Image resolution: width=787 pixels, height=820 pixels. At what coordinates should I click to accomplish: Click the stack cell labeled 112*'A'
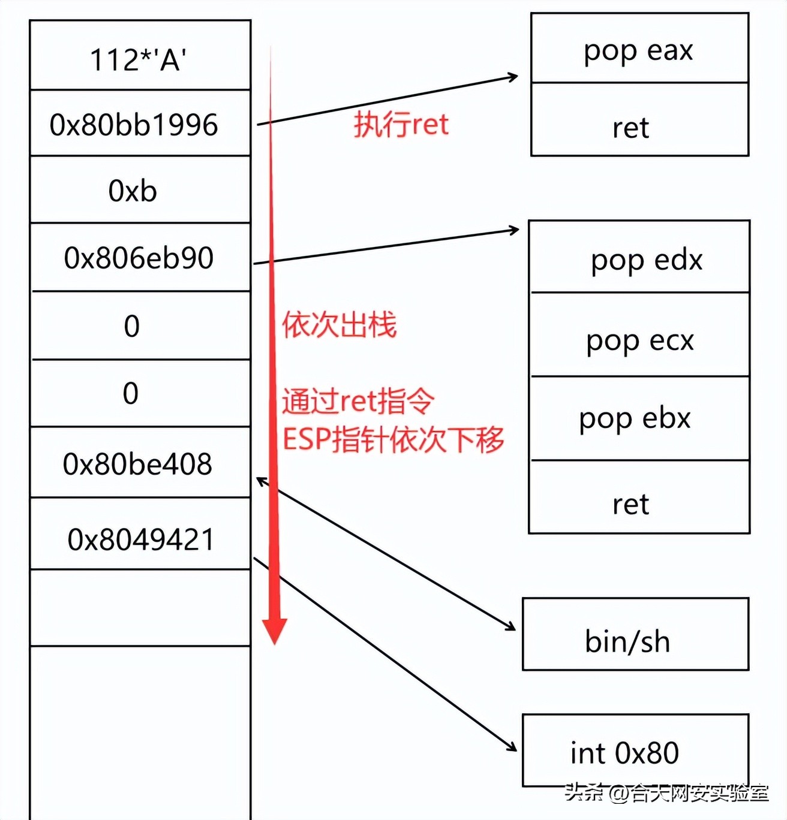click(139, 59)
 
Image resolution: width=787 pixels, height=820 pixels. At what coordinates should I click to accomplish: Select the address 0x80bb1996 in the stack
click(134, 125)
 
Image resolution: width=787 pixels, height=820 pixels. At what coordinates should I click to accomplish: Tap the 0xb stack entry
click(133, 191)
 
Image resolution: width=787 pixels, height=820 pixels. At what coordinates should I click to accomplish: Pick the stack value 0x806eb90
click(139, 258)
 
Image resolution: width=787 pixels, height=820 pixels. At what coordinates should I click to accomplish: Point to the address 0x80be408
click(137, 464)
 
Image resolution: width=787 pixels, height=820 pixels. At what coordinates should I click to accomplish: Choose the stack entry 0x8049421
click(140, 539)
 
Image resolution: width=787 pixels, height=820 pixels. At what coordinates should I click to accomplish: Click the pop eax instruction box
click(639, 50)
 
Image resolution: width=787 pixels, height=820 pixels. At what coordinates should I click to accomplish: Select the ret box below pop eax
click(631, 128)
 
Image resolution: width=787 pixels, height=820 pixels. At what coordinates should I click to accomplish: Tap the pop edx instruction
click(647, 260)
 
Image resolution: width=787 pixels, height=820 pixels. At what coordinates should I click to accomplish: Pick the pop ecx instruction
click(640, 340)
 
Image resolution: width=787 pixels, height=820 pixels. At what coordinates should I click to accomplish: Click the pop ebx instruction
click(635, 418)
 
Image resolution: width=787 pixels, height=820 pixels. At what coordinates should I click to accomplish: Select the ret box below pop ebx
click(631, 504)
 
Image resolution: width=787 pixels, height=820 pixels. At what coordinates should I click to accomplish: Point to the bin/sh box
click(627, 641)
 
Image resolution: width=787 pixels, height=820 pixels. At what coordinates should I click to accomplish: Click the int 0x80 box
click(624, 753)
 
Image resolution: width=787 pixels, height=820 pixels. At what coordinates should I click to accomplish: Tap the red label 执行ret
click(401, 125)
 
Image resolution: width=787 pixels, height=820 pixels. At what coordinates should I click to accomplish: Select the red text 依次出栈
click(340, 325)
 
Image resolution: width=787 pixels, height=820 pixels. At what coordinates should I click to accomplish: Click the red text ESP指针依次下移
click(393, 439)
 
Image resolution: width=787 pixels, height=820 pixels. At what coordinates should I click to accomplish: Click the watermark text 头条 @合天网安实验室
click(666, 793)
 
